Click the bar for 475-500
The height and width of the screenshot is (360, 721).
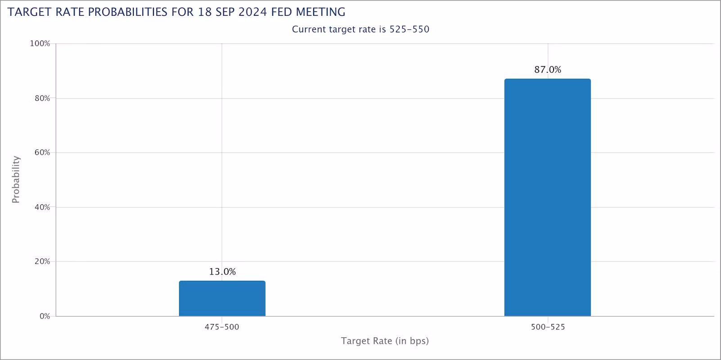[x=222, y=298]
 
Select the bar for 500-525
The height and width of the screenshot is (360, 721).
[x=547, y=198]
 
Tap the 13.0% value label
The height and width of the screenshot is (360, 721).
[x=222, y=272]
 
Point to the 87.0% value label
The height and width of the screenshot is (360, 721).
[x=548, y=70]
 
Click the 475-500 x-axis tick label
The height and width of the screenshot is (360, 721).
[x=222, y=327]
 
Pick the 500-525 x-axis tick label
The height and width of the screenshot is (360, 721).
[x=548, y=327]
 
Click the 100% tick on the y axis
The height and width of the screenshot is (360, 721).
[x=40, y=44]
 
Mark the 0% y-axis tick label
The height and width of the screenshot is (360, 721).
[x=44, y=316]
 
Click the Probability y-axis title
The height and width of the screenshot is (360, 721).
[x=16, y=180]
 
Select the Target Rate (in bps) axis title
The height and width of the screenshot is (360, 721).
[x=385, y=341]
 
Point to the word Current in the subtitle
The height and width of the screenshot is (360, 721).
[x=309, y=30]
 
